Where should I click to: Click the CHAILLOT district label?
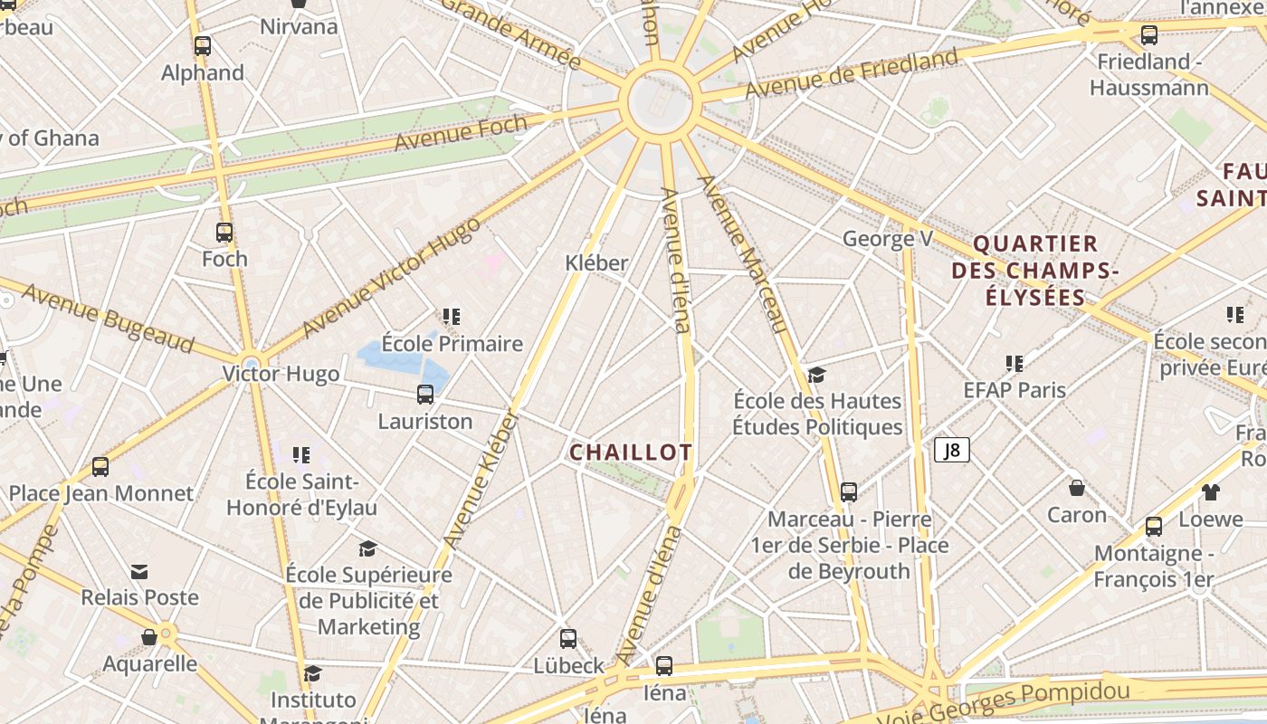click(x=631, y=452)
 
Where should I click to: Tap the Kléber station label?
click(x=596, y=262)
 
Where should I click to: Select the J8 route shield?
click(x=952, y=450)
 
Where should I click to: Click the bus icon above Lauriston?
click(x=425, y=395)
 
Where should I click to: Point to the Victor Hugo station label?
click(x=281, y=374)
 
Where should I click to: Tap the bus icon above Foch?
click(x=224, y=233)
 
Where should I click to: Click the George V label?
click(x=887, y=239)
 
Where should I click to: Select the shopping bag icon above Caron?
click(x=1077, y=488)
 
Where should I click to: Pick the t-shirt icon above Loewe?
click(x=1211, y=492)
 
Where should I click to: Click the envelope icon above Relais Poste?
click(x=139, y=571)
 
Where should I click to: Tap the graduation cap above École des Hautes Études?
click(x=817, y=375)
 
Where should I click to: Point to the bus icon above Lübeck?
click(x=568, y=638)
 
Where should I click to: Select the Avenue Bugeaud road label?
click(x=108, y=318)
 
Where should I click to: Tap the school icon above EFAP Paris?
click(x=1015, y=364)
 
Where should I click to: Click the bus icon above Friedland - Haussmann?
click(x=1149, y=35)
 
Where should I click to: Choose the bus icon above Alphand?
click(x=203, y=46)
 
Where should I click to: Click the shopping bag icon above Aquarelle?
click(x=149, y=637)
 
